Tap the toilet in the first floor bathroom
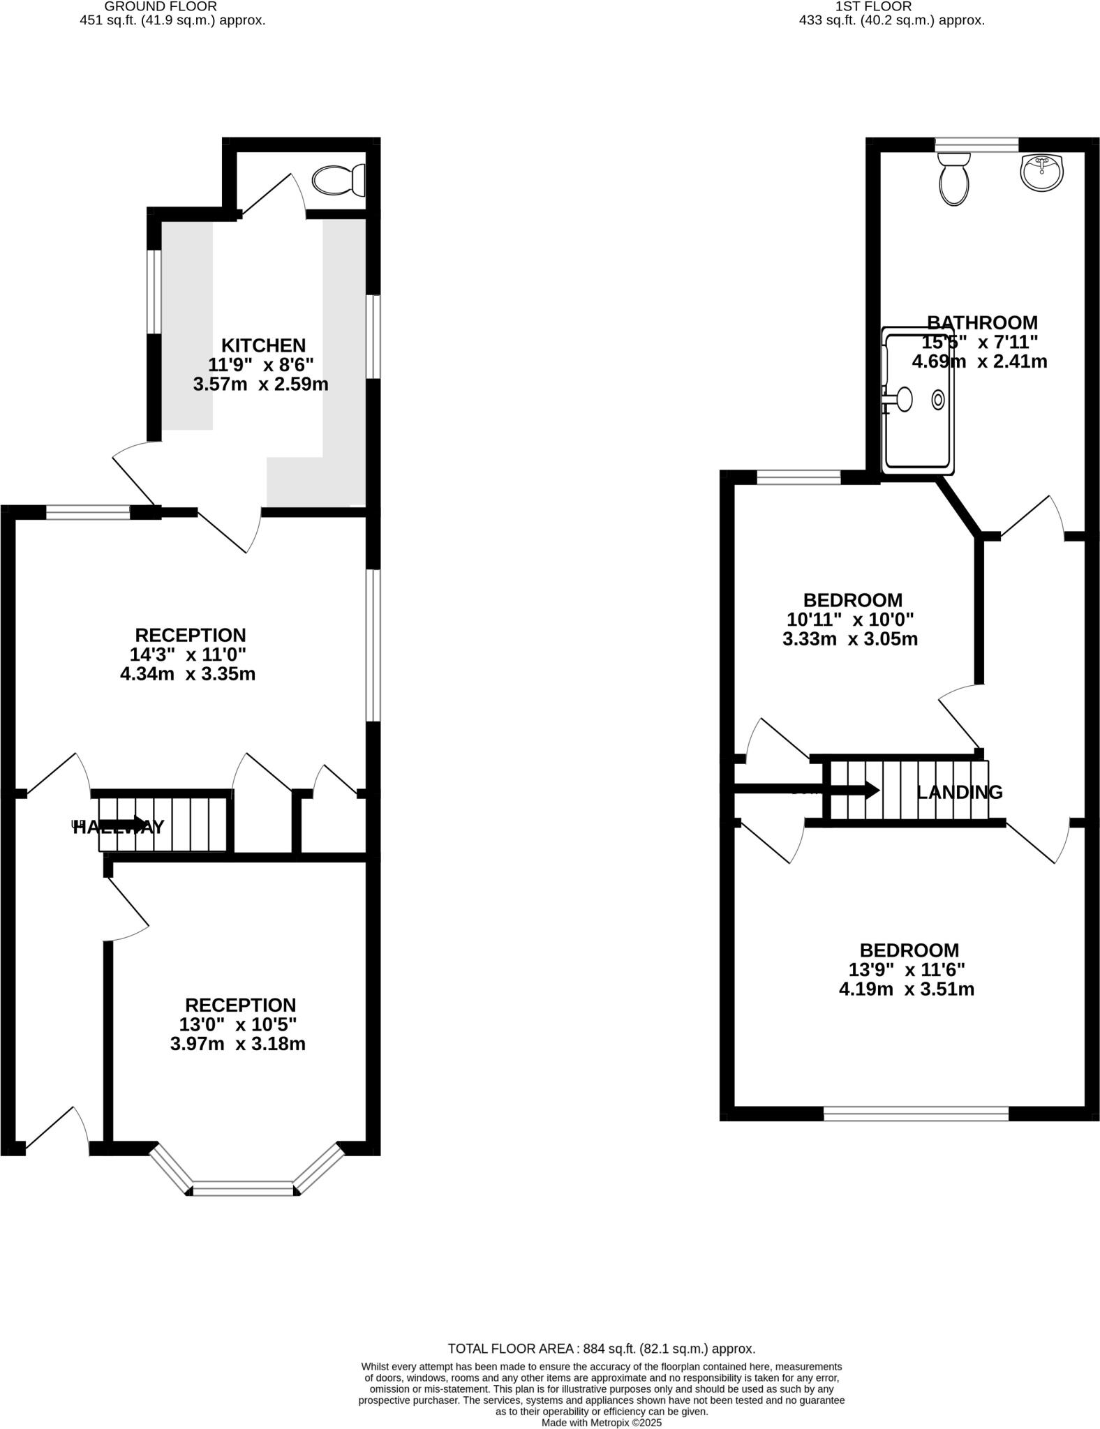coord(953,179)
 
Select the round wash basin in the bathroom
coord(1042,172)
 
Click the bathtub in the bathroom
coord(918,401)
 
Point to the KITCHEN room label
coord(263,345)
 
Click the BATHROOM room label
coord(982,323)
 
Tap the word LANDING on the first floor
coord(959,792)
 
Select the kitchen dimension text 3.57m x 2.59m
coord(260,384)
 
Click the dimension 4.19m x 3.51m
coord(906,989)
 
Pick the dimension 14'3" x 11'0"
coord(188,654)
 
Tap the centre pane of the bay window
coord(243,1188)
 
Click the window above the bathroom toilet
coord(976,144)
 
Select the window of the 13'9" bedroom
coord(916,1114)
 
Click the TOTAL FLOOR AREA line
coord(601,1349)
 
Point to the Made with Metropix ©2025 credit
coord(601,1422)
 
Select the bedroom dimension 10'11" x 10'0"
coord(850,620)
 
